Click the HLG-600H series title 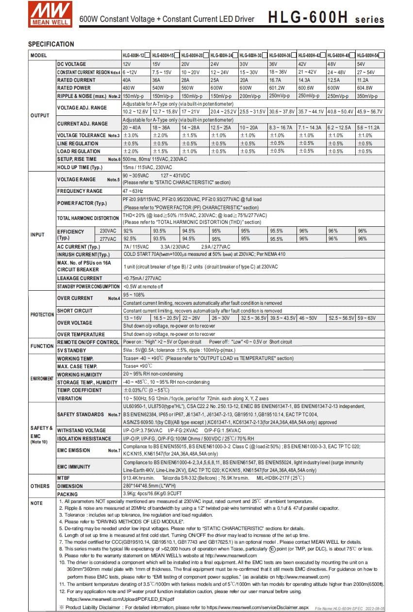coord(326,18)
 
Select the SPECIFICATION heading coord(51,44)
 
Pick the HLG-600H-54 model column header coord(368,56)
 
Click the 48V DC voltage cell coord(332,64)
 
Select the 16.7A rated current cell coord(276,80)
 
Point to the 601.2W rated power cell coord(277,88)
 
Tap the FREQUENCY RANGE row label coord(80,191)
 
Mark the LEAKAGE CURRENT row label coord(80,278)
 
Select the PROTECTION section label coord(42,314)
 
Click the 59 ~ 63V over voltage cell coord(366,318)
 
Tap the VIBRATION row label coord(69,398)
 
